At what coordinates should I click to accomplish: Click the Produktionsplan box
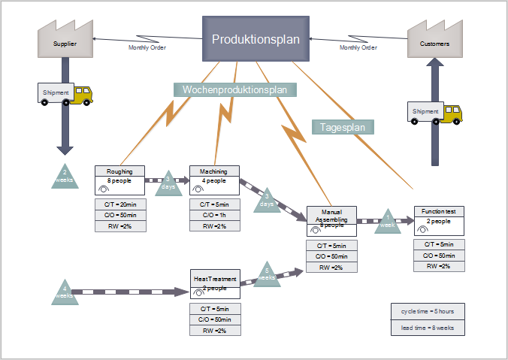point(256,39)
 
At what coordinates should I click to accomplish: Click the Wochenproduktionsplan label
point(235,89)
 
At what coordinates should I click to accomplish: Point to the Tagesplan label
point(343,127)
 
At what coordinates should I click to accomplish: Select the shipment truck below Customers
point(435,113)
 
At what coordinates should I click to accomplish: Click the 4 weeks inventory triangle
point(65,292)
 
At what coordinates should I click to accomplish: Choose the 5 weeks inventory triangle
point(267,274)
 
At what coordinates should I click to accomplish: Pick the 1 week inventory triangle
point(388,221)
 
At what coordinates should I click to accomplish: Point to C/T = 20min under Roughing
point(119,204)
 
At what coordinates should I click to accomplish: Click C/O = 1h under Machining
point(214,215)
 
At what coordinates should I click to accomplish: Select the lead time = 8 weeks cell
point(428,327)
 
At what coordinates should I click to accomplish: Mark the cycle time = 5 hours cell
point(428,311)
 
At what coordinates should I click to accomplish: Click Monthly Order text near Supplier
point(147,47)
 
